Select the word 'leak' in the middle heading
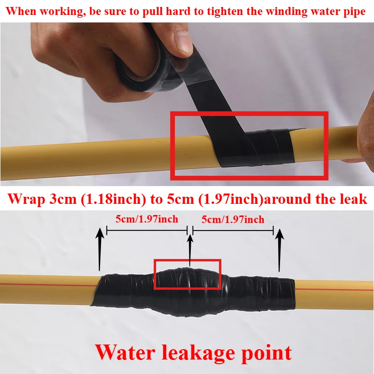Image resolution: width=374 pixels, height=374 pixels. point(353,198)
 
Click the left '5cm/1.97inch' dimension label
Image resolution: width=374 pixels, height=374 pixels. point(147,219)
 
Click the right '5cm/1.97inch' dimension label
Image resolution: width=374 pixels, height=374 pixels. point(233,219)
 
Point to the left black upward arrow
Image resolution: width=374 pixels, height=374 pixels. point(100,249)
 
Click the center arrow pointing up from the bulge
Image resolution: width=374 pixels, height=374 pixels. point(190,250)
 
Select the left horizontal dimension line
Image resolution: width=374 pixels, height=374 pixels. point(147,230)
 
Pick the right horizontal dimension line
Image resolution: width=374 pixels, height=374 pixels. point(233,230)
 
